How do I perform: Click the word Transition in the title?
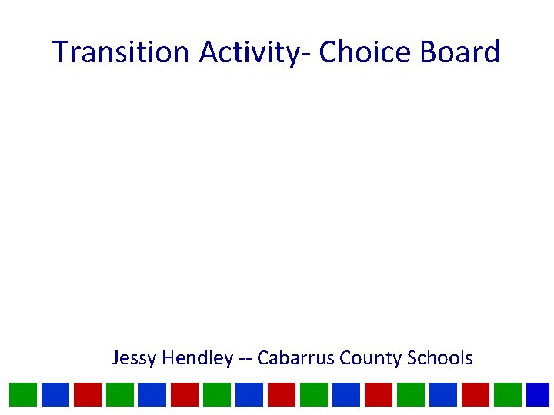click(x=122, y=52)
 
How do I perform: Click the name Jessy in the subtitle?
click(x=134, y=358)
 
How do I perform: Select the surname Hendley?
click(x=197, y=358)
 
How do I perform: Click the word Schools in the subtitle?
click(x=439, y=358)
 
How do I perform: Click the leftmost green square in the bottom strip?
click(x=22, y=394)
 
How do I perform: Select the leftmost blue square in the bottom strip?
click(x=55, y=394)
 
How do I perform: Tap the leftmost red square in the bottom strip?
click(x=87, y=394)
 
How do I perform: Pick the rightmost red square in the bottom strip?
click(x=475, y=394)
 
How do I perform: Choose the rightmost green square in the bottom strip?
click(x=507, y=394)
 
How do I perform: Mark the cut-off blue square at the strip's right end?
click(x=539, y=394)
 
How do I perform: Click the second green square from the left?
click(x=119, y=394)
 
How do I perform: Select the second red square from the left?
click(x=184, y=394)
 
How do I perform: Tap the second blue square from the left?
click(x=152, y=394)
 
